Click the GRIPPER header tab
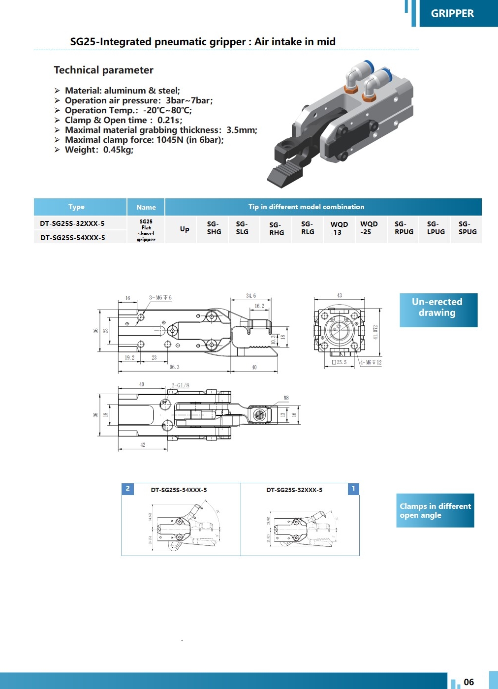[452, 14]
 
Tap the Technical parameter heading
[103, 70]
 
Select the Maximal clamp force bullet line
[144, 140]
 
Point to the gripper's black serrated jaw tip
[284, 175]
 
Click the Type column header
[76, 207]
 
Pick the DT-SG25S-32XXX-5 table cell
[72, 223]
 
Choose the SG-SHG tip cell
[214, 228]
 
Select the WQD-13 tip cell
[339, 228]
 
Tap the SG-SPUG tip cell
[467, 228]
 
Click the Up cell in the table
[185, 229]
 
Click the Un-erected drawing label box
[437, 308]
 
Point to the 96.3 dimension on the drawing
[174, 367]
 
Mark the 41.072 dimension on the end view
[375, 332]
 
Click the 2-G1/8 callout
[180, 385]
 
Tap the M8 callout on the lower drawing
[286, 398]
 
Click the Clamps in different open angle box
[435, 510]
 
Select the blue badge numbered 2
[127, 489]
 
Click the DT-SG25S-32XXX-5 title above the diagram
[294, 490]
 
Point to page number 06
[468, 682]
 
